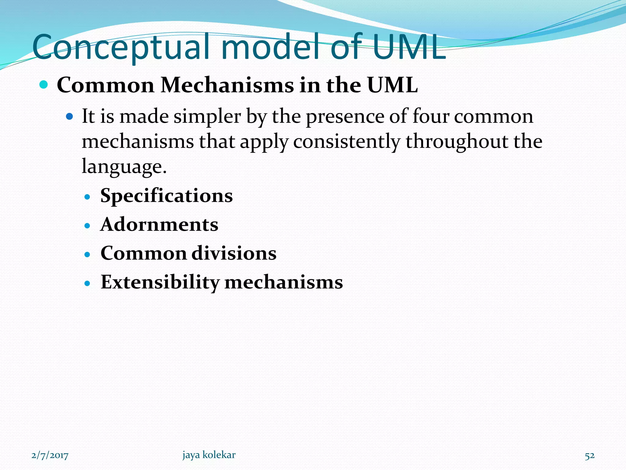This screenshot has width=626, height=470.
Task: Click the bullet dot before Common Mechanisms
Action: [x=44, y=84]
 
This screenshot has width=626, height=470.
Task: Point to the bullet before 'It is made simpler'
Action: [x=70, y=117]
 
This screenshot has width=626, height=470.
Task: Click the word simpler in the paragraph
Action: [x=207, y=117]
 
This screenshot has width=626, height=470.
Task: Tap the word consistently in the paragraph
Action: [x=347, y=142]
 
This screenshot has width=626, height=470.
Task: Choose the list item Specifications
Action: [x=167, y=196]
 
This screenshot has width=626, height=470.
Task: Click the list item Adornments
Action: [x=159, y=224]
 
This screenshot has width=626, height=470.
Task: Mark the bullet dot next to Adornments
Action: [x=88, y=226]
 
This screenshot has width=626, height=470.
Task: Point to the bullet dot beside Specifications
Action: [x=88, y=197]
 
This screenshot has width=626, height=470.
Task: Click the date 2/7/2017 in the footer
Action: [x=50, y=455]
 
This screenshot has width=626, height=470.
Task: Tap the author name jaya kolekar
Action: [x=209, y=455]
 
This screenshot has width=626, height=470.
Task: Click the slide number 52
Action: [x=590, y=456]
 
